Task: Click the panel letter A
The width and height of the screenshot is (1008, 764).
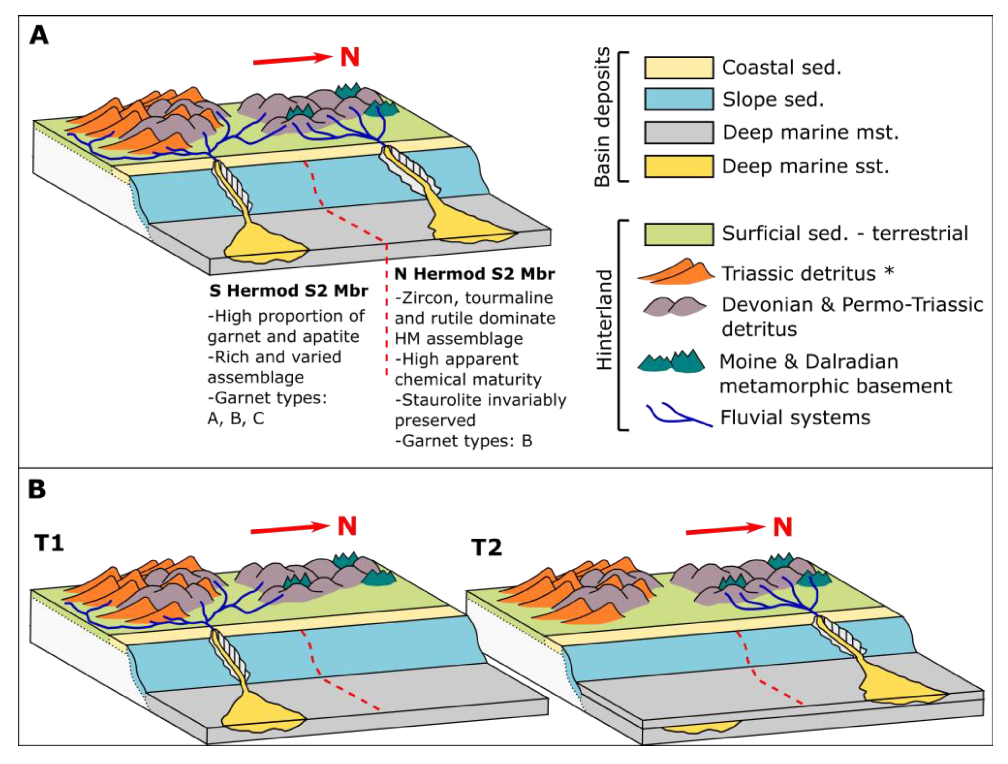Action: pyautogui.click(x=39, y=35)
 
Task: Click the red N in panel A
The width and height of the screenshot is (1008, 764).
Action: pyautogui.click(x=350, y=58)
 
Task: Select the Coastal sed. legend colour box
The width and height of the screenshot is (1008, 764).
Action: pyautogui.click(x=679, y=68)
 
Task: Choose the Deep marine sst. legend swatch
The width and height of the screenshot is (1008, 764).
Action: pyautogui.click(x=679, y=166)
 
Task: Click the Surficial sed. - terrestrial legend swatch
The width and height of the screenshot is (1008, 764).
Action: pyautogui.click(x=679, y=234)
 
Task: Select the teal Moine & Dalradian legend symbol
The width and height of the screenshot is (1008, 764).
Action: pyautogui.click(x=672, y=362)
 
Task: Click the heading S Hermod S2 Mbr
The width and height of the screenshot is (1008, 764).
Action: pyautogui.click(x=288, y=291)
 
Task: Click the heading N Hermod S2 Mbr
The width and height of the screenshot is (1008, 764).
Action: pyautogui.click(x=474, y=274)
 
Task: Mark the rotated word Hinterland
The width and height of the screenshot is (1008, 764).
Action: pyautogui.click(x=604, y=319)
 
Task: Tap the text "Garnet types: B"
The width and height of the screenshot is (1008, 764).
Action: pyautogui.click(x=463, y=441)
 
